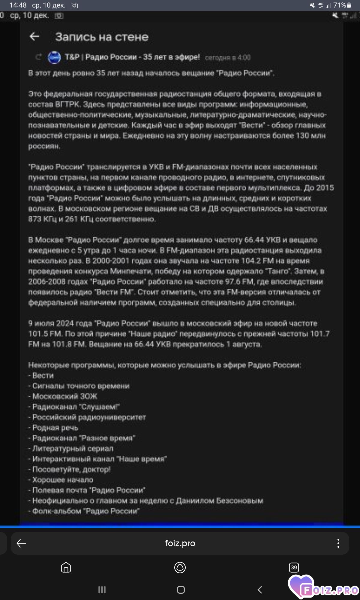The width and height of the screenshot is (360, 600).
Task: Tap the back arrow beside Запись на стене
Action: click(x=34, y=37)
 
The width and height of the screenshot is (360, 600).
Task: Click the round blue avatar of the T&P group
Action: click(x=54, y=57)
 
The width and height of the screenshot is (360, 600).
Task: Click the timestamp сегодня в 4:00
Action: click(x=228, y=57)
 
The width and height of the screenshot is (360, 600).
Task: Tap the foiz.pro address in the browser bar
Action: click(x=180, y=543)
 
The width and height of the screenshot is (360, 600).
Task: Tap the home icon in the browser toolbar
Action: click(x=66, y=567)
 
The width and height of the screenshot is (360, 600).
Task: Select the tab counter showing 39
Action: click(x=294, y=567)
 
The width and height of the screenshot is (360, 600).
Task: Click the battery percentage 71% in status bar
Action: click(x=339, y=5)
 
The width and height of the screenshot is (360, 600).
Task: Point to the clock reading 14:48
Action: click(x=18, y=5)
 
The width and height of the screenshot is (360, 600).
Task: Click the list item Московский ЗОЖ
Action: click(x=64, y=396)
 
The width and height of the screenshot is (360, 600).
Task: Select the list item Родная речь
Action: click(x=55, y=427)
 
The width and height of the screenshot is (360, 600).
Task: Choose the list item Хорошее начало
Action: click(x=63, y=480)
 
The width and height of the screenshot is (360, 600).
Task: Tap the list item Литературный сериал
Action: click(x=73, y=448)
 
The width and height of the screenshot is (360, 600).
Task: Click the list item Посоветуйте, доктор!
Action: click(x=71, y=469)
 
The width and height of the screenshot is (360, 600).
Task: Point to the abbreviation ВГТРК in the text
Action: click(x=67, y=104)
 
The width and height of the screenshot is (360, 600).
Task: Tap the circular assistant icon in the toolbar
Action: click(x=180, y=567)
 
